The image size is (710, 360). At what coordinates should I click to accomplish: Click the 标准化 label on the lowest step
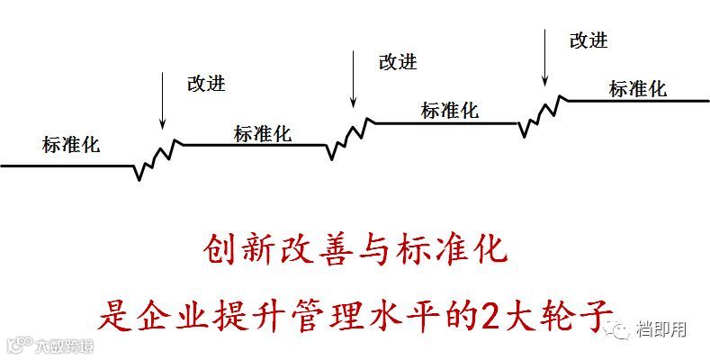(x=71, y=144)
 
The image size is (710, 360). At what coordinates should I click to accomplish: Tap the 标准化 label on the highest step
(x=637, y=88)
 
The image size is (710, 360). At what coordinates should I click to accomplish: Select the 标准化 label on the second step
(x=262, y=134)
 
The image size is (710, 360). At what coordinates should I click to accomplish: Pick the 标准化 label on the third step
(x=449, y=111)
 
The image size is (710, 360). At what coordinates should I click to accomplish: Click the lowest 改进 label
(x=206, y=84)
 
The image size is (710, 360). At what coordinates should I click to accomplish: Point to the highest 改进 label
(x=589, y=40)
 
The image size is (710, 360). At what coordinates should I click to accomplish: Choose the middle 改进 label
(x=398, y=61)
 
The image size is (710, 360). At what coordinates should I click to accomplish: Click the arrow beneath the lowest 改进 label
(x=163, y=99)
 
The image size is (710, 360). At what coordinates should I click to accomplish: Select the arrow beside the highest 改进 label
(x=545, y=57)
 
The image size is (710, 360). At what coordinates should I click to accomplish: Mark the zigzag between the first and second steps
(x=157, y=157)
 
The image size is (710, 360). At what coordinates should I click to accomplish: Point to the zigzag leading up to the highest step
(x=543, y=112)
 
